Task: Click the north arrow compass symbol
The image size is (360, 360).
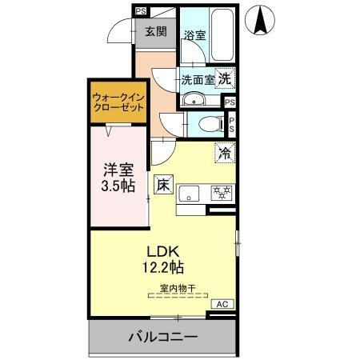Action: (260, 20)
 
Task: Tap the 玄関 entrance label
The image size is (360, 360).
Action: (156, 32)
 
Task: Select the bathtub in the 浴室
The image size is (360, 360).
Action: (222, 34)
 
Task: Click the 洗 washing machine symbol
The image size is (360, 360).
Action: (225, 78)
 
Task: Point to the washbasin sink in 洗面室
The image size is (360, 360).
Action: (194, 99)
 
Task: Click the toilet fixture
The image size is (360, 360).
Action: (211, 123)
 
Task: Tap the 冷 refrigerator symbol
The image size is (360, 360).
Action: (225, 153)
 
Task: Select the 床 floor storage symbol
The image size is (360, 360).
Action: (163, 184)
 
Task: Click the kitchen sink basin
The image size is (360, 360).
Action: (189, 194)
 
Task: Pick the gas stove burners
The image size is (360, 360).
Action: (222, 193)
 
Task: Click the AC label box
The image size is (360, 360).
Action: (222, 304)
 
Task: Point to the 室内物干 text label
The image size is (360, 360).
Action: (178, 288)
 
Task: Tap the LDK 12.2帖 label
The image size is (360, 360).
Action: (163, 259)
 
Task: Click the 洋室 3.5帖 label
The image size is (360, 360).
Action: (118, 178)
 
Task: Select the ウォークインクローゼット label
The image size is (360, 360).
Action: (118, 102)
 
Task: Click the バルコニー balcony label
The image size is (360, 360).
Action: (163, 337)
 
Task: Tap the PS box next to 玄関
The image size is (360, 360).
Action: (141, 11)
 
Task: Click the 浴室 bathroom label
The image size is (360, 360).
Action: (195, 35)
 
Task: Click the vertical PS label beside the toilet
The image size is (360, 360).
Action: (231, 124)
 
